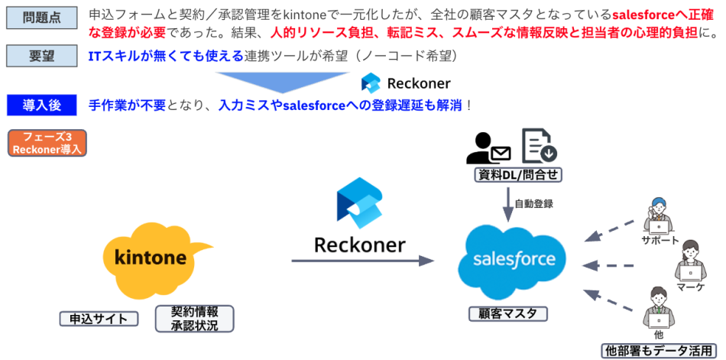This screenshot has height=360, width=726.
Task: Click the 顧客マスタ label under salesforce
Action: point(508,313)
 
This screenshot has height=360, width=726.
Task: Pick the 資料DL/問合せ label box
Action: point(519,176)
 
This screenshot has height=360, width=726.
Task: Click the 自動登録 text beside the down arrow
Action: point(533,204)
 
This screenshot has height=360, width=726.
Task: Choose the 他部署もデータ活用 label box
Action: point(658,351)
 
